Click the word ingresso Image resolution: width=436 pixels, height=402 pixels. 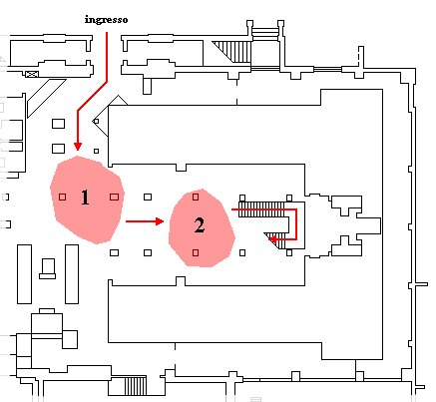pyautogui.click(x=106, y=20)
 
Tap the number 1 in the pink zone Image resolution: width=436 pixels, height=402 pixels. pyautogui.click(x=85, y=198)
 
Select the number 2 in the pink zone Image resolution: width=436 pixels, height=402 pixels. pyautogui.click(x=200, y=225)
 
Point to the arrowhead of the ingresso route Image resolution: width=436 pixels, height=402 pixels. pyautogui.click(x=78, y=147)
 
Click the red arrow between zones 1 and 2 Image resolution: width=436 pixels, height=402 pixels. pyautogui.click(x=145, y=221)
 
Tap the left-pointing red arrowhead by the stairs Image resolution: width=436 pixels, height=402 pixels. pyautogui.click(x=272, y=238)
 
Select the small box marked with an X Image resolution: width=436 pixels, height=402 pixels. pyautogui.click(x=32, y=74)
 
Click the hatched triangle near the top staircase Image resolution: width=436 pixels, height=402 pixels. pyautogui.click(x=232, y=50)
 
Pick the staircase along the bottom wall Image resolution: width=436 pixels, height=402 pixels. pyautogui.click(x=136, y=386)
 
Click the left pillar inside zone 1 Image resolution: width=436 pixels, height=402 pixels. pyautogui.click(x=62, y=198)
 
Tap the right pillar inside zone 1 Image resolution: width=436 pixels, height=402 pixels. pyautogui.click(x=114, y=198)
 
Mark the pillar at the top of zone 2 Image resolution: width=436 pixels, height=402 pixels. pyautogui.click(x=196, y=197)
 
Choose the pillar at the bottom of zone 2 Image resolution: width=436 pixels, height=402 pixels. pyautogui.click(x=196, y=253)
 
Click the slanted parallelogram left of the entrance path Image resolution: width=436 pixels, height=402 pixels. pyautogui.click(x=46, y=98)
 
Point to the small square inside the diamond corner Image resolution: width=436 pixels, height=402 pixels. pyautogui.click(x=96, y=122)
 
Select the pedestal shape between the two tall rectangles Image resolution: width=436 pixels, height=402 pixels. pyautogui.click(x=48, y=268)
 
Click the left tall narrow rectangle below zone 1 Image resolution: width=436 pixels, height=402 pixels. pyautogui.click(x=24, y=274)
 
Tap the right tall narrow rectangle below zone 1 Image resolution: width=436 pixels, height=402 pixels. pyautogui.click(x=72, y=274)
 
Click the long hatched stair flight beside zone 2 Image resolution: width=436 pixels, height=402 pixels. pyautogui.click(x=261, y=209)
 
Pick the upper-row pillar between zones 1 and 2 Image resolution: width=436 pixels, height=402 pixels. pyautogui.click(x=148, y=198)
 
